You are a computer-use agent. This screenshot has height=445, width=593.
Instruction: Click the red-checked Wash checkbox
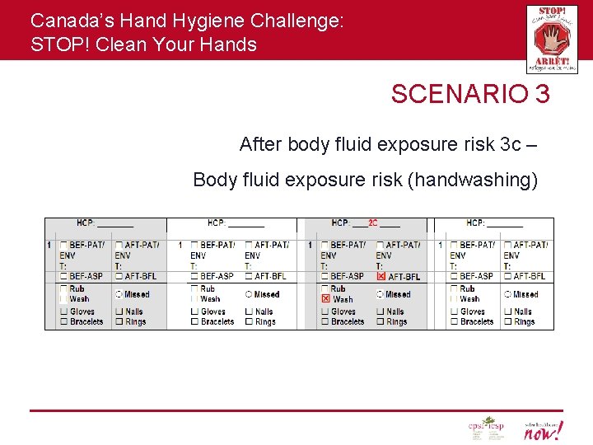tap(326, 299)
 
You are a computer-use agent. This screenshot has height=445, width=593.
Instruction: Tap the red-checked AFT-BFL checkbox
tap(381, 276)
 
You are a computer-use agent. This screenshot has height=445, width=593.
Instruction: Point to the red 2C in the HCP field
tap(372, 222)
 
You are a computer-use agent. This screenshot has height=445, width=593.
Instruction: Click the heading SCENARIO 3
tap(470, 94)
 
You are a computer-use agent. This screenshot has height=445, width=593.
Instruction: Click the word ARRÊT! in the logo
tap(551, 61)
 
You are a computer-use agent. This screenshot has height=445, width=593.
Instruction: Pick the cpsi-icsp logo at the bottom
tap(485, 429)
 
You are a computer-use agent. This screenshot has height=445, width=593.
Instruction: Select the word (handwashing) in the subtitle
tap(473, 180)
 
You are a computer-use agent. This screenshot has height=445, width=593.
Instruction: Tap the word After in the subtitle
tap(259, 144)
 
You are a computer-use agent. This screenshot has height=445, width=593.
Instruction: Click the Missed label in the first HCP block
tap(137, 294)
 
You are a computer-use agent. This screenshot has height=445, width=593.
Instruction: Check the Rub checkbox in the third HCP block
tap(326, 289)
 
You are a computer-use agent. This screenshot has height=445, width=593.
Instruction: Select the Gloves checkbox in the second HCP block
tap(194, 311)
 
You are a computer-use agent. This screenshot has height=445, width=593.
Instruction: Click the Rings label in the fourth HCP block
tap(525, 321)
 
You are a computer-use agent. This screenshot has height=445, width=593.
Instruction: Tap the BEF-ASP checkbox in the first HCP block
tap(63, 276)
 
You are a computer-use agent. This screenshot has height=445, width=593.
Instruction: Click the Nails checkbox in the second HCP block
tap(249, 311)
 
